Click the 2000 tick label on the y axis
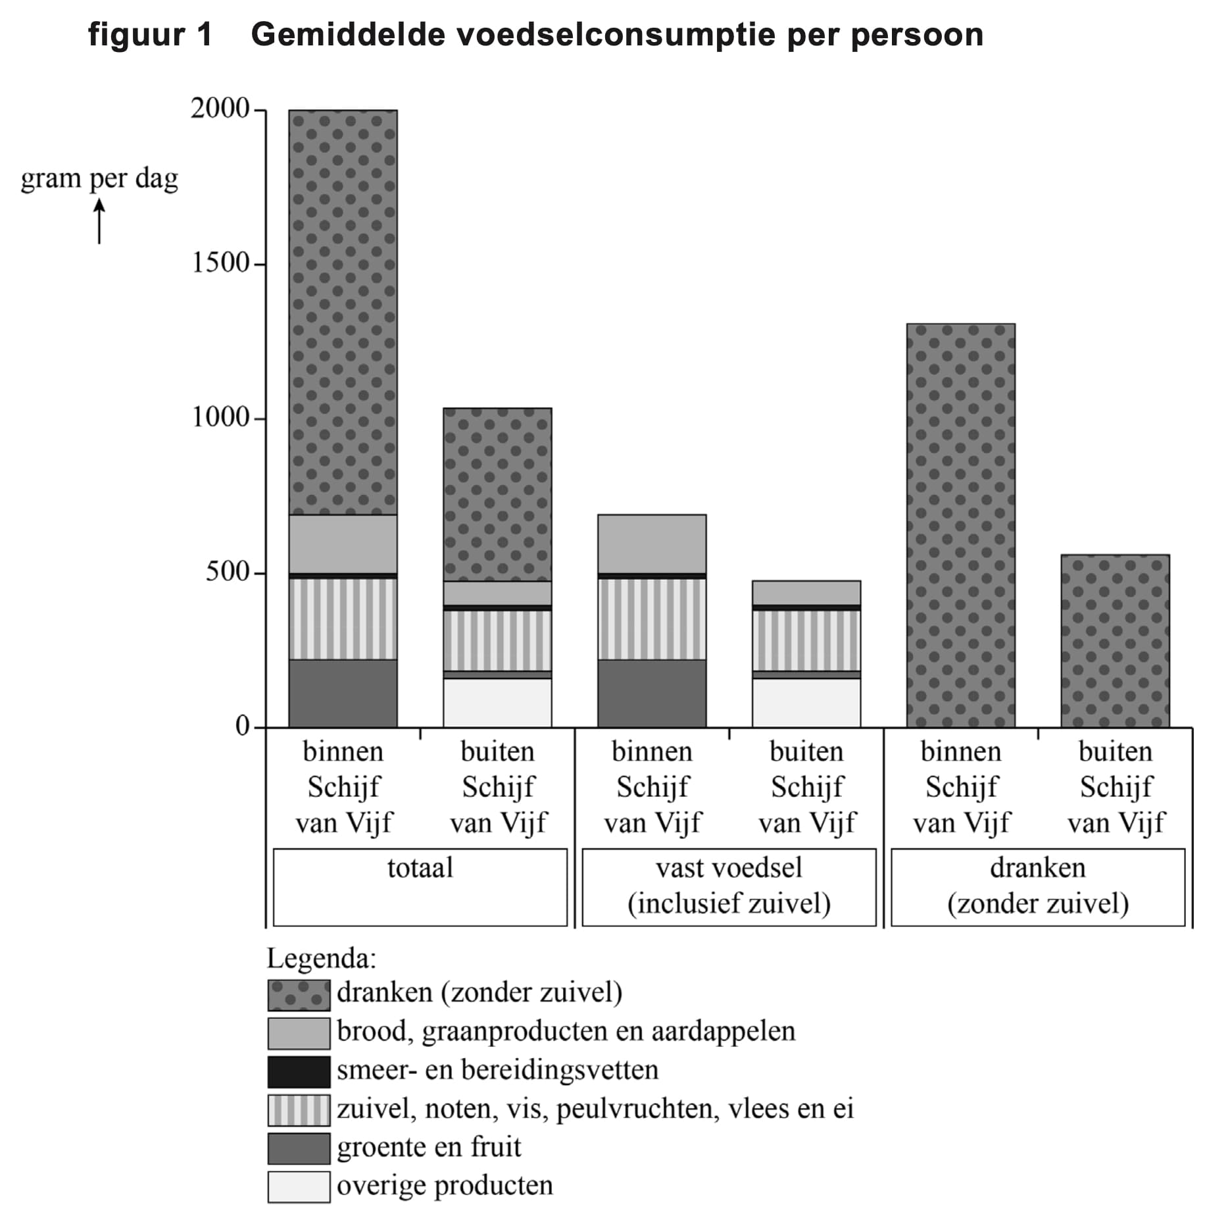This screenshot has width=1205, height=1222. coord(220,109)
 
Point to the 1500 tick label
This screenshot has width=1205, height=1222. coord(220,263)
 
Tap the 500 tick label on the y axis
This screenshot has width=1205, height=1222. coord(228,571)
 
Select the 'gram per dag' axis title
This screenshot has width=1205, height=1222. coord(99,178)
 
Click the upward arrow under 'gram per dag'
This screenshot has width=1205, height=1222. coord(99,222)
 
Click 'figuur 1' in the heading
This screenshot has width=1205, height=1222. coord(151,34)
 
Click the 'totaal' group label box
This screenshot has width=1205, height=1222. coord(420,886)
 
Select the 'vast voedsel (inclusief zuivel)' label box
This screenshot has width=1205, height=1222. coord(729,886)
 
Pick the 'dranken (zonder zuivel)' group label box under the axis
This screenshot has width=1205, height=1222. coord(1037,886)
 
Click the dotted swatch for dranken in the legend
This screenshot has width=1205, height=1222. coord(299,994)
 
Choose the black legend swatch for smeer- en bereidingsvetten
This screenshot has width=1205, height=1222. coord(299,1071)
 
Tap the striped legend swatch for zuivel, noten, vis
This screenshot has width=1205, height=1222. coord(299,1110)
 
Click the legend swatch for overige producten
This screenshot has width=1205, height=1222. coord(299,1186)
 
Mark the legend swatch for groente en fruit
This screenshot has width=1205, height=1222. coord(299,1148)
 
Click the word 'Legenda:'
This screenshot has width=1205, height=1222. coord(321,958)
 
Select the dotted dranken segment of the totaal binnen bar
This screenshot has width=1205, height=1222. coord(343,313)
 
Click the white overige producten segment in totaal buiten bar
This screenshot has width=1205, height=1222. coord(497,702)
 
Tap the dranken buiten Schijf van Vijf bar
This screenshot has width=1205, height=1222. coord(1115,640)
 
